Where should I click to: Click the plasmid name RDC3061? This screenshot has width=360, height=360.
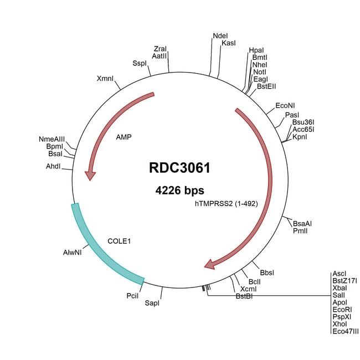[179, 168]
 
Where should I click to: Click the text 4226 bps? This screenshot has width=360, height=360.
[179, 191]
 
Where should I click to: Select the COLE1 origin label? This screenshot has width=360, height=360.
[119, 241]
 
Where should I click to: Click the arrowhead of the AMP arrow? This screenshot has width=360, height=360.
[90, 176]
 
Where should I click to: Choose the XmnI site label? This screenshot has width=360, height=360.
[105, 78]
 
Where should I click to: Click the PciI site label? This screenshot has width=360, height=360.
[132, 296]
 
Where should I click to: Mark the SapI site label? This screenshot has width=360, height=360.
[152, 304]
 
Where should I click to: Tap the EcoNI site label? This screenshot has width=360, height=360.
[285, 105]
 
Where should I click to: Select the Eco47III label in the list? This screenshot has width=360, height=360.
[345, 331]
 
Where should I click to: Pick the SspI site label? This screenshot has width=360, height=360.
[140, 64]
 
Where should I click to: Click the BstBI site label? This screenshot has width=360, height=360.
[244, 296]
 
